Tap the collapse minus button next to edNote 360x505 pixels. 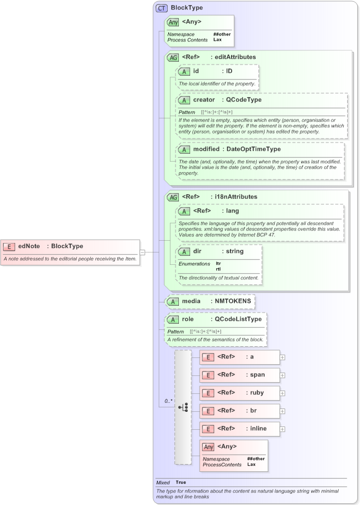click(142, 252)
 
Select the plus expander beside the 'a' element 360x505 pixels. click(283, 357)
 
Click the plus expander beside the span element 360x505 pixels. click(283, 375)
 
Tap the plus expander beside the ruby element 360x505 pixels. click(283, 393)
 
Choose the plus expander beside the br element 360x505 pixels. click(283, 411)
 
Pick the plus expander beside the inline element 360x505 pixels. click(283, 429)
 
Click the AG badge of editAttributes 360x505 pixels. click(173, 57)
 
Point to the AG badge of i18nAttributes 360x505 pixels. click(173, 198)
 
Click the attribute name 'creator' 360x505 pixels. click(204, 100)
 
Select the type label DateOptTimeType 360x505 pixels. click(253, 149)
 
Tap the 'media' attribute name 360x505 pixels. click(191, 301)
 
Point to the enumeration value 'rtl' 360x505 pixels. click(218, 269)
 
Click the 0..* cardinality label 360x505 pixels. click(168, 401)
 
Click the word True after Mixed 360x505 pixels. click(181, 482)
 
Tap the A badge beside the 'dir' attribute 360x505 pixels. click(184, 251)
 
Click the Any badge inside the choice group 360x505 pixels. click(208, 447)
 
